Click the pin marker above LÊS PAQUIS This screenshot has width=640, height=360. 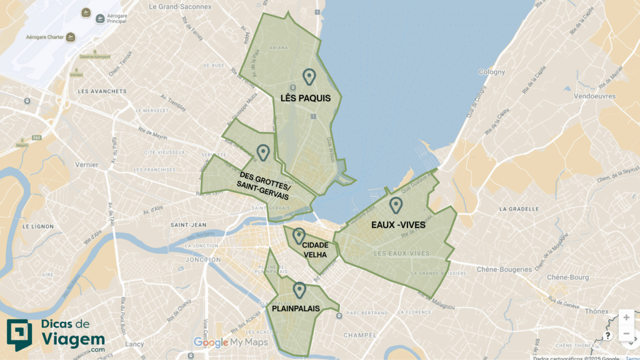point(309,77)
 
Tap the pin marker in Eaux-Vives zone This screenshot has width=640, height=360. point(396,205)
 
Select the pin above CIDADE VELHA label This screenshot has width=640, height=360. point(299,236)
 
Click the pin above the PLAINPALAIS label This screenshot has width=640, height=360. point(299,290)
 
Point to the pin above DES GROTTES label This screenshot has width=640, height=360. point(262,152)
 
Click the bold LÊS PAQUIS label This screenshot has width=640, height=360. point(305,98)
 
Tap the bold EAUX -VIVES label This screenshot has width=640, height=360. point(397,224)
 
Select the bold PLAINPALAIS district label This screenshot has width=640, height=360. point(296,309)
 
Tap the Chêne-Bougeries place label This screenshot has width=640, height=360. point(504,269)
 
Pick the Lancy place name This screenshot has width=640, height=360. point(134,344)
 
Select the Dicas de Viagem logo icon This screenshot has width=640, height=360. point(18,336)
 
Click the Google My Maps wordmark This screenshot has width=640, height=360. point(231,342)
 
